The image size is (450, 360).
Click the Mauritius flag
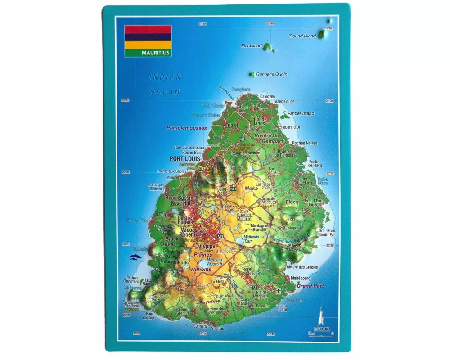(x=148, y=37)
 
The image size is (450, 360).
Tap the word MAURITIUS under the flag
(x=156, y=53)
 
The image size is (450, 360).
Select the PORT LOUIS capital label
(x=184, y=159)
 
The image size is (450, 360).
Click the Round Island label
(x=302, y=36)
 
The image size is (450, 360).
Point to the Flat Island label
(x=251, y=46)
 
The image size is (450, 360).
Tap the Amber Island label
(x=301, y=113)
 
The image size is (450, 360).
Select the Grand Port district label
(x=310, y=286)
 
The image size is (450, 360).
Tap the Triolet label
(x=232, y=126)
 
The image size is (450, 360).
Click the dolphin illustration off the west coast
(x=135, y=257)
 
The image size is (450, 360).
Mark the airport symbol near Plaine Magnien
(x=279, y=291)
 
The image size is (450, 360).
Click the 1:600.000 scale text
(x=320, y=329)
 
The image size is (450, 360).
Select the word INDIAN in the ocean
(x=165, y=77)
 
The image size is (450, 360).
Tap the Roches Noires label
(x=304, y=143)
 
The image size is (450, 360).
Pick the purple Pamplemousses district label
(x=187, y=128)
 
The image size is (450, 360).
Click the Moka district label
(x=251, y=188)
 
